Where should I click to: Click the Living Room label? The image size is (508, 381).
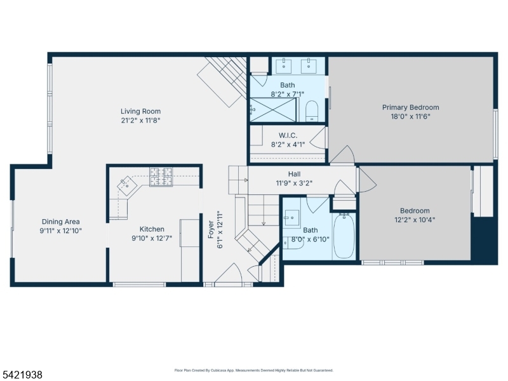pos(140,112)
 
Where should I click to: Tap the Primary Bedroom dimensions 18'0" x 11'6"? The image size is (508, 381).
pos(410,116)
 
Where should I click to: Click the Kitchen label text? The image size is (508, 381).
pos(152,229)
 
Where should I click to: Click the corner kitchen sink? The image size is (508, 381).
pos(129,186)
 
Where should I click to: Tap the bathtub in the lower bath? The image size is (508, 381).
pos(344,236)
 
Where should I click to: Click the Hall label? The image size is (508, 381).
pos(294,174)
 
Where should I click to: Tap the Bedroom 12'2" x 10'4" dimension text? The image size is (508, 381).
pos(414,220)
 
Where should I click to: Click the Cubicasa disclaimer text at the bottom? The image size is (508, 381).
pos(253,370)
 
